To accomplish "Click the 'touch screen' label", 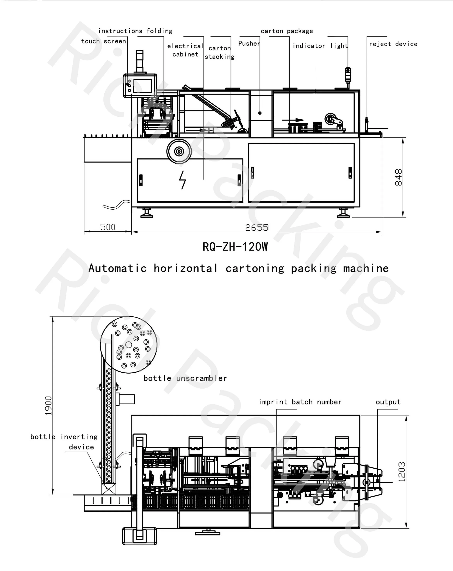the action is point(104,41).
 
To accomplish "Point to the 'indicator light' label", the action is point(320,46).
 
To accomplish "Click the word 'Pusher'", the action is point(249,43).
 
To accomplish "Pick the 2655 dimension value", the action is point(257,228).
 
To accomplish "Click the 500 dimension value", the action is point(108,227).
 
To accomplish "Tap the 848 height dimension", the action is point(398,178).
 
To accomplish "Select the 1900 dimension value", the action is point(48,406).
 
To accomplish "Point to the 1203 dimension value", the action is point(402,472).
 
